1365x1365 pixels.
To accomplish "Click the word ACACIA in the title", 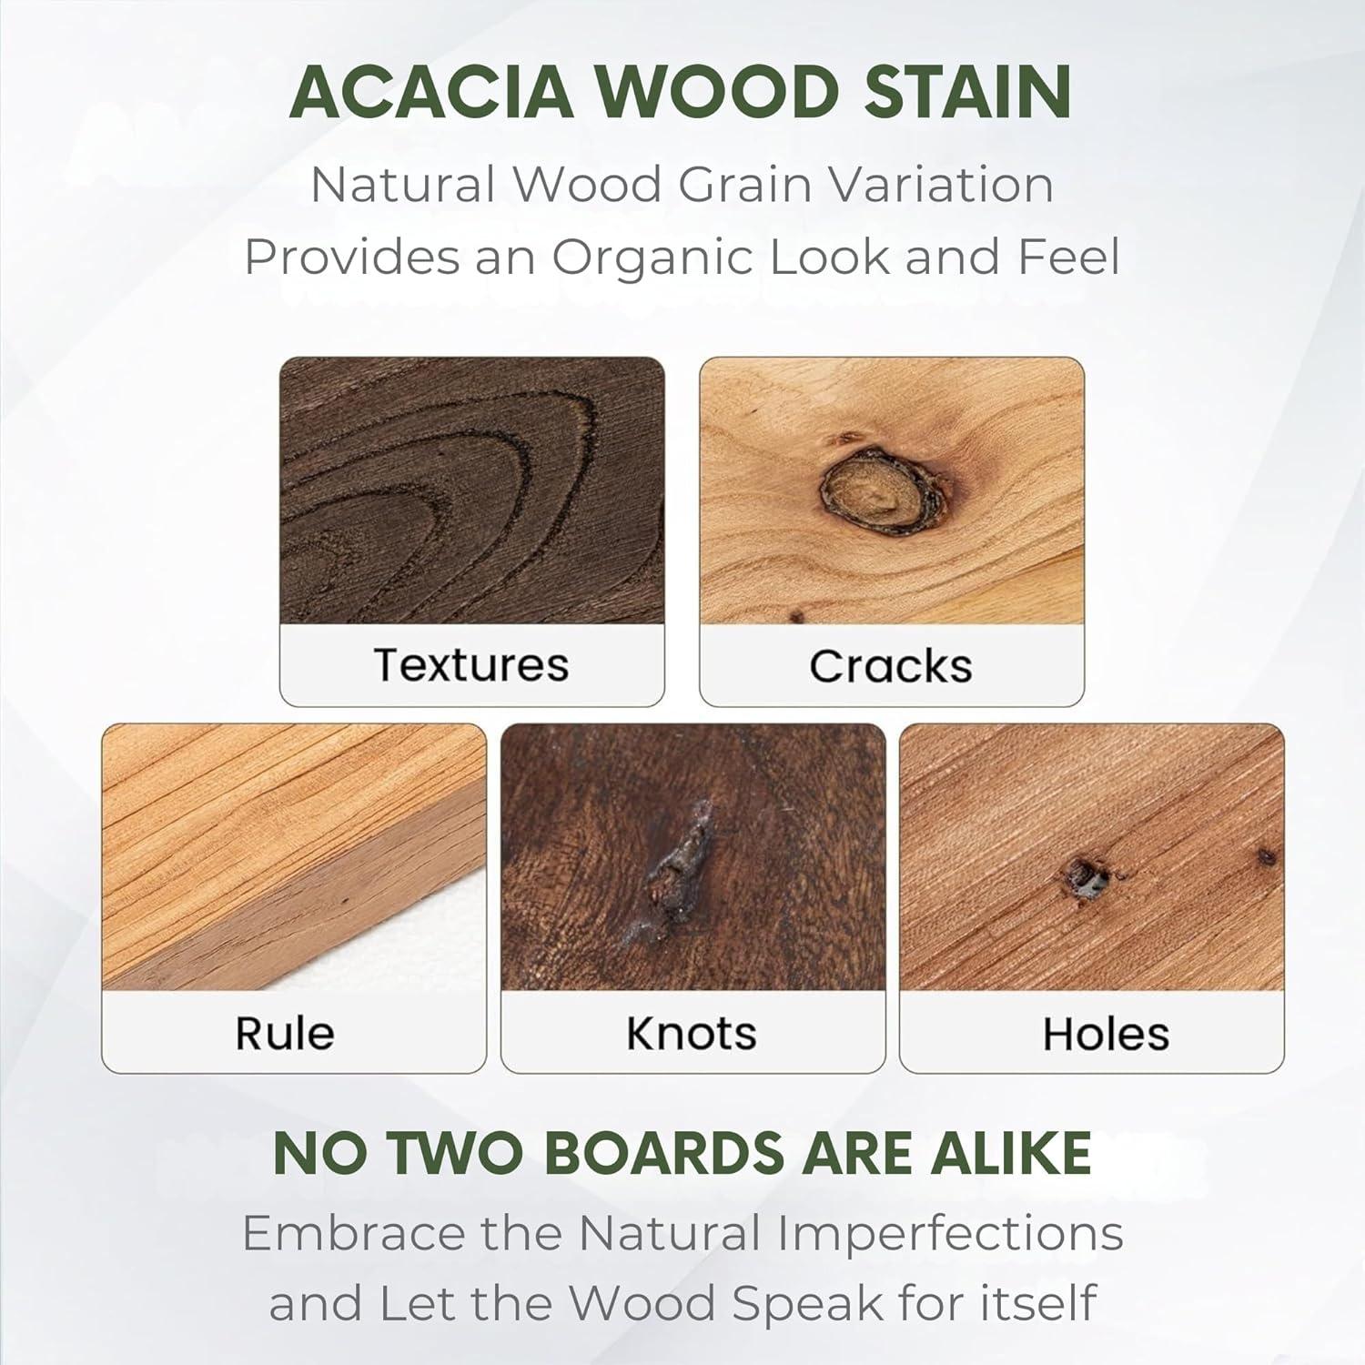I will click(431, 93).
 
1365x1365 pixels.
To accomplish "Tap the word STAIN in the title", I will click(966, 93).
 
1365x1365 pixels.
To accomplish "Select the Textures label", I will click(471, 664).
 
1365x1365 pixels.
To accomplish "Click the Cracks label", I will click(891, 666).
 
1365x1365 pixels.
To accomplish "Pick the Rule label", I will click(285, 1033).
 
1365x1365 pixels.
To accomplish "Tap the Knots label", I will click(692, 1033).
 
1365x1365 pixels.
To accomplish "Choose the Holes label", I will click(1106, 1034).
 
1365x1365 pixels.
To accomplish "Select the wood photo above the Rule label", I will click(293, 855).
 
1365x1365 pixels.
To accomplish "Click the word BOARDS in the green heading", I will click(667, 1154).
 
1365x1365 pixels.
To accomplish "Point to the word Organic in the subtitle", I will click(653, 257).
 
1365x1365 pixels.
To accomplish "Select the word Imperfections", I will click(950, 1234).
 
